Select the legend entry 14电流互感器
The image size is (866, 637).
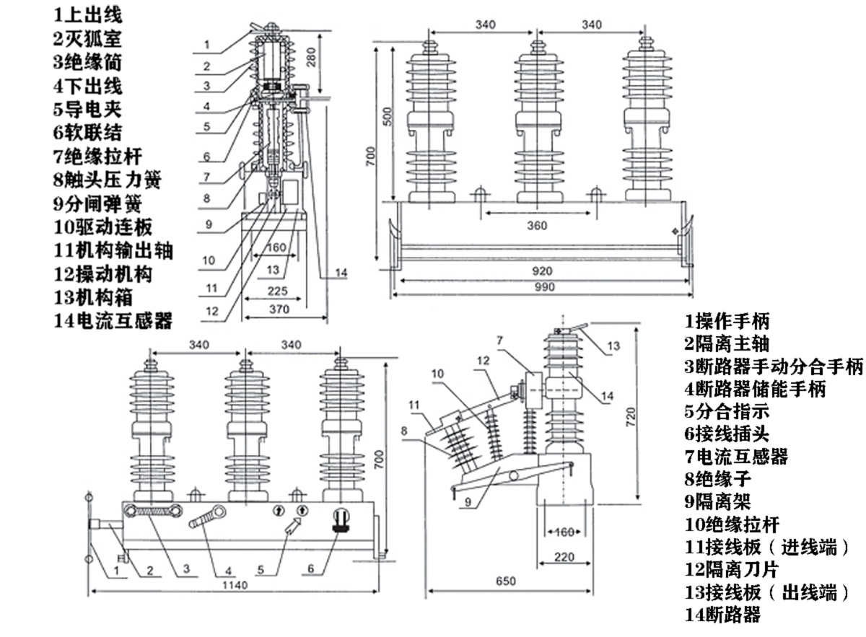113,320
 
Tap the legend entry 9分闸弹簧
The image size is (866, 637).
97,203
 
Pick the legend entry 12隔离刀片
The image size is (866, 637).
732,569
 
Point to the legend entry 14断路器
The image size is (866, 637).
722,615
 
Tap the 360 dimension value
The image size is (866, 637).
536,225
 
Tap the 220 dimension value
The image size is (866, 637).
565,557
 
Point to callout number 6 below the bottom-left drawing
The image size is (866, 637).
311,569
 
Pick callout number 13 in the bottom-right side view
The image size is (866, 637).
613,346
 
